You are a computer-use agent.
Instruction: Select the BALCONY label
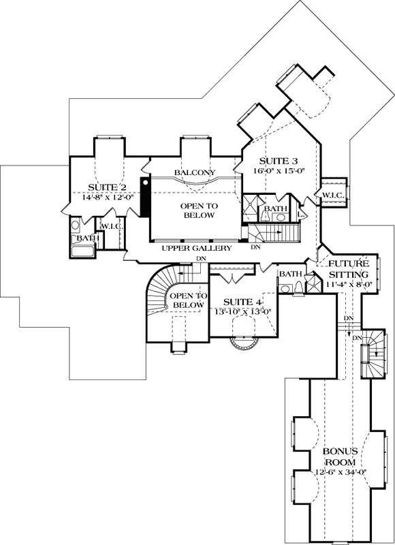click(x=194, y=173)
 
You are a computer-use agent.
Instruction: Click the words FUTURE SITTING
click(x=349, y=269)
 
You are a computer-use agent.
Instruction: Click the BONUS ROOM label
click(x=340, y=456)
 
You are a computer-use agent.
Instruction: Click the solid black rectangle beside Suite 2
click(x=144, y=198)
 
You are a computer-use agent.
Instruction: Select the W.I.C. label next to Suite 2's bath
click(x=111, y=226)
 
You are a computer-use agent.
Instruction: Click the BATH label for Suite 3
click(x=275, y=208)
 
